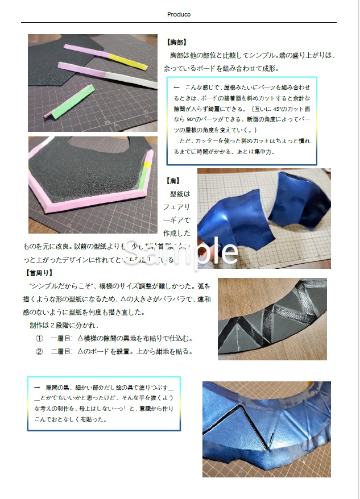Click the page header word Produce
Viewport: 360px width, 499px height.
(x=179, y=14)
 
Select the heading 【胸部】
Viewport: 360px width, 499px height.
(x=176, y=43)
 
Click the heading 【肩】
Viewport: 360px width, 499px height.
(x=172, y=181)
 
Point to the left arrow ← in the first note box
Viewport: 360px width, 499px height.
(x=176, y=87)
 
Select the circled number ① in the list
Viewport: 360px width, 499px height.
(x=39, y=339)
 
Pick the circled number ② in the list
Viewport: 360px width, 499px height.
(x=39, y=351)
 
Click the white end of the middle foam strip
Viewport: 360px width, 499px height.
(x=146, y=82)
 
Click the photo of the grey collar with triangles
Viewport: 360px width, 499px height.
(x=272, y=318)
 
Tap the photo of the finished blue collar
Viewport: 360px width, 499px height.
(x=266, y=429)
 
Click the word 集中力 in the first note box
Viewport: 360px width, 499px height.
(x=263, y=152)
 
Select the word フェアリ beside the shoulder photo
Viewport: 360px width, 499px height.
(x=177, y=207)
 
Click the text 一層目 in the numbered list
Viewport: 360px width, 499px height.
(x=61, y=339)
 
